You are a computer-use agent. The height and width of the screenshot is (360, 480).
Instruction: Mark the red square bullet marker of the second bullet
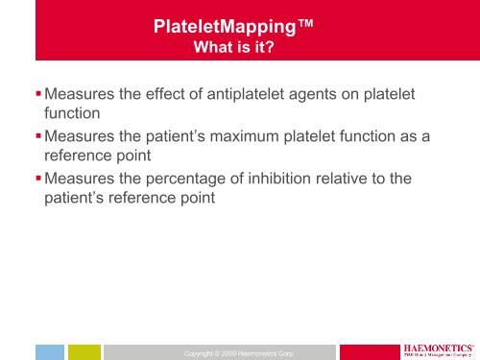coord(36,138)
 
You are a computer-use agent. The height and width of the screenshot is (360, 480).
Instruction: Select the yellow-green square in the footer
coord(84,351)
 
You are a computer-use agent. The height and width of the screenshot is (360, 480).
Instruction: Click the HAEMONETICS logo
coord(438,348)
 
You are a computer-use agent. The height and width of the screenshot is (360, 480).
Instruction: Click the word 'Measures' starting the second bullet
coord(80,138)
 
